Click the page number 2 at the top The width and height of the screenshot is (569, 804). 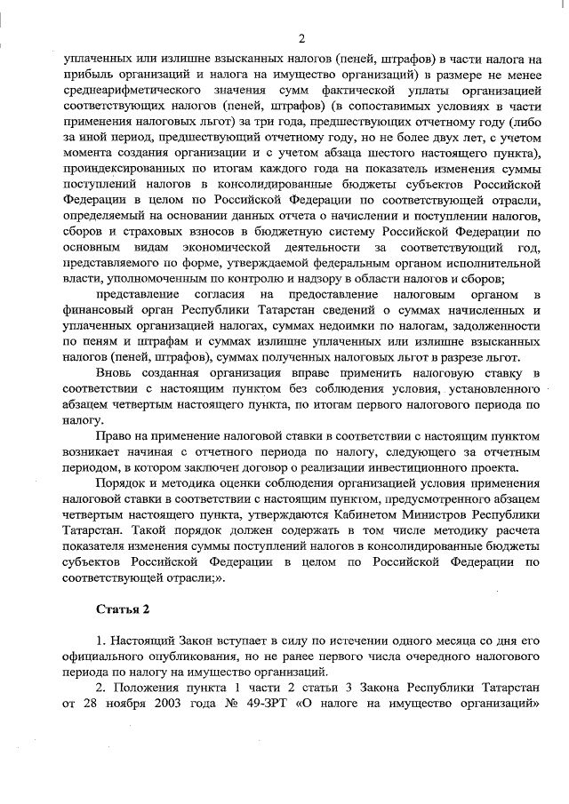point(301,38)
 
